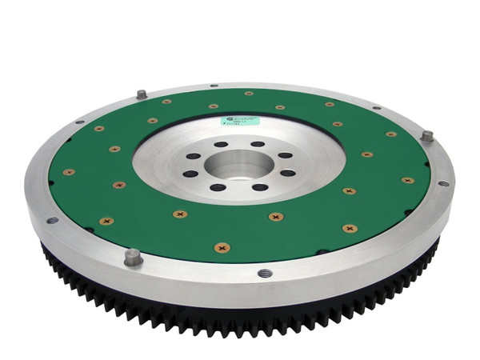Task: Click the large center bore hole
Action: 238,163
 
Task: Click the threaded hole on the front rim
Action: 265,273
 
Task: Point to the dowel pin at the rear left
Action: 142,94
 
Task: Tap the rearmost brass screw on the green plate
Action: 249,94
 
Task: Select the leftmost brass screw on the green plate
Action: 69,171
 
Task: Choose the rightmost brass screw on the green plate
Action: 409,180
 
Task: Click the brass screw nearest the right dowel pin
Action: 391,134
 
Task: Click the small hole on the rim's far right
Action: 443,183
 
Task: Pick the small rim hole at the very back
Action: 214,85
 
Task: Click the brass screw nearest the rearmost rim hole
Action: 214,106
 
